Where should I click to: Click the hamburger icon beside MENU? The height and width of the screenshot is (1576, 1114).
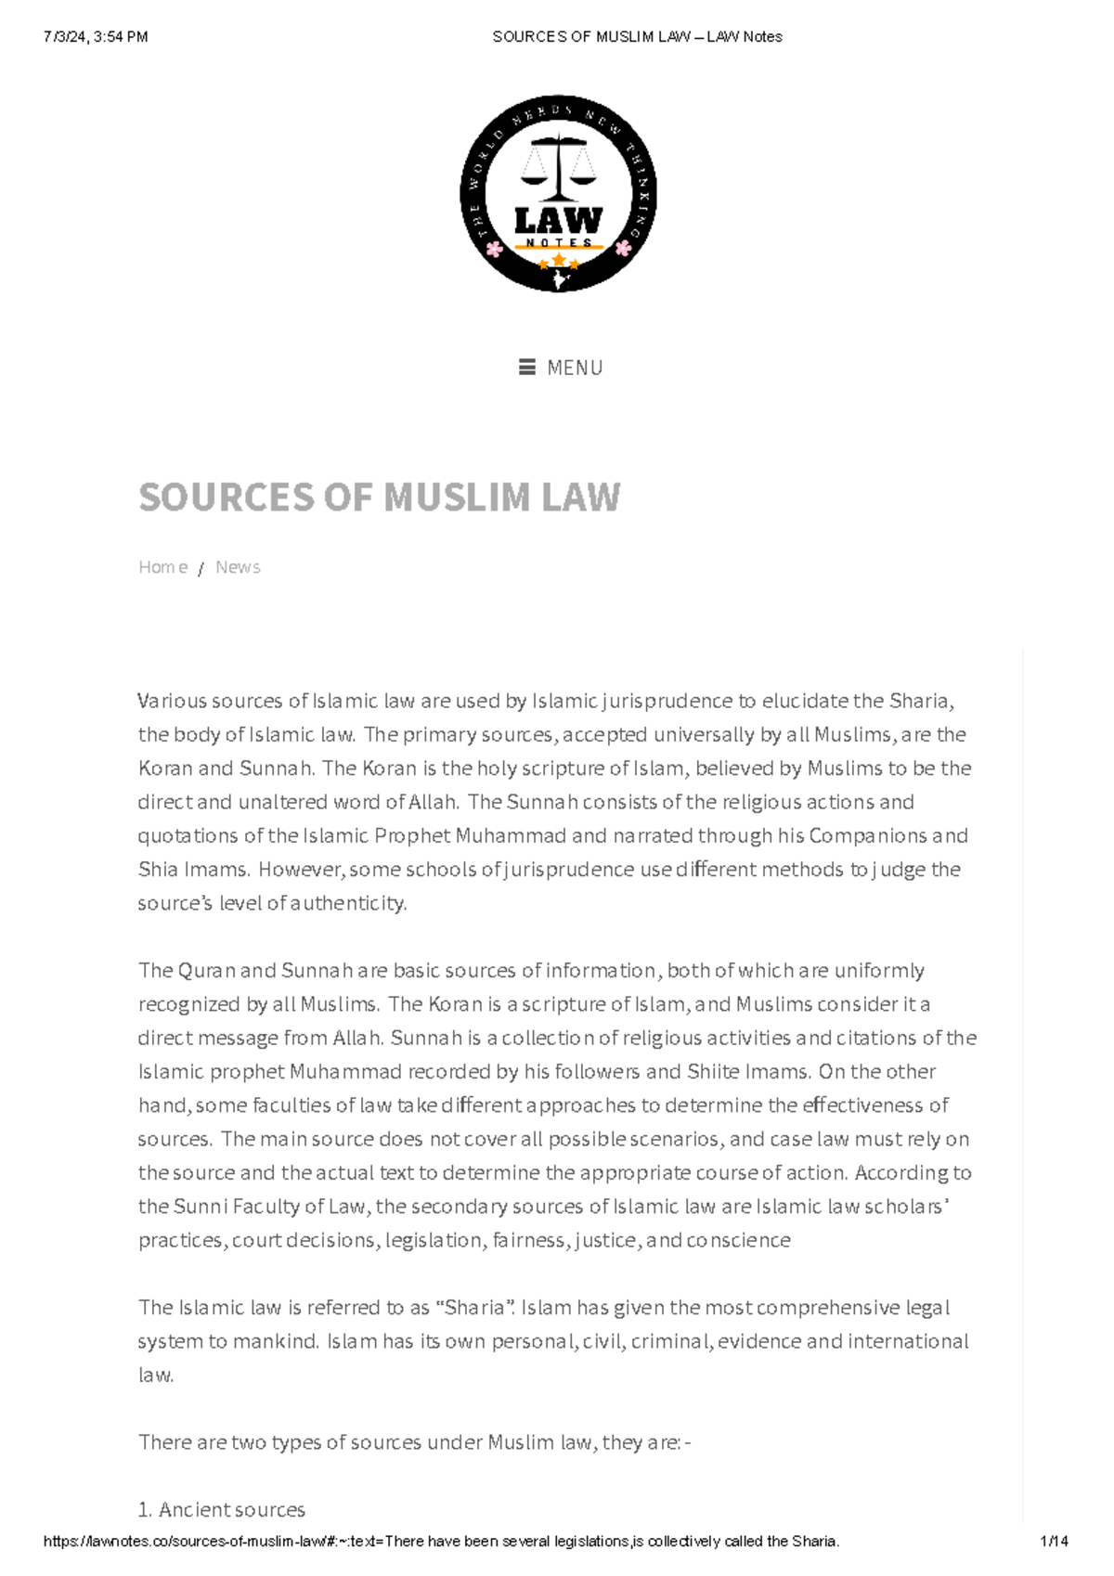[527, 368]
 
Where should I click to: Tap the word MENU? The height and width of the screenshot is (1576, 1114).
[575, 368]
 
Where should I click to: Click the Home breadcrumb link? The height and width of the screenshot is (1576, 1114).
[162, 567]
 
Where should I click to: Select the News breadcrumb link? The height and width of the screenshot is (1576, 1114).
[238, 567]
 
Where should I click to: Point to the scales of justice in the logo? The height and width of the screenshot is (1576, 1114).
[558, 167]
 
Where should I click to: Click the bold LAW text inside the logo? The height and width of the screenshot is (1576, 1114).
[558, 221]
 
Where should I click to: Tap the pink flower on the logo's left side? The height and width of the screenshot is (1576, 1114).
[495, 248]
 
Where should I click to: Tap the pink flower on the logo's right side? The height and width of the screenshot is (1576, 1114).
[623, 247]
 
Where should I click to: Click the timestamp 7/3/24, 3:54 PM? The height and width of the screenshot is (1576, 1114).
[96, 37]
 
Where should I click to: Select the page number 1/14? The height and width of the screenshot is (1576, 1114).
[1055, 1542]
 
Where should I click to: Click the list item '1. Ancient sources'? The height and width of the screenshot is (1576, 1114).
[222, 1510]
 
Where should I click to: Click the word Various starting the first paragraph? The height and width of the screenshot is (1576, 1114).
[172, 701]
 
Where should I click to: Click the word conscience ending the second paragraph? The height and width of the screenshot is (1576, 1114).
[738, 1241]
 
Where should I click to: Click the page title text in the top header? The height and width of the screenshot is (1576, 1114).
[637, 37]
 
